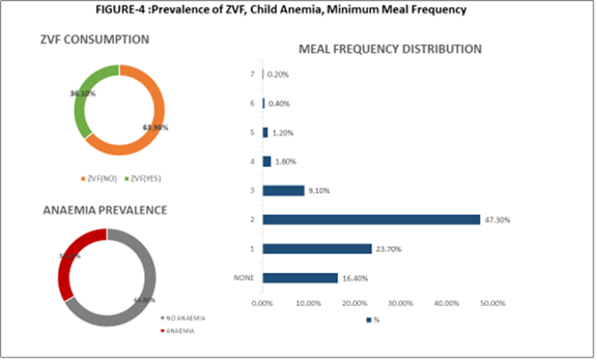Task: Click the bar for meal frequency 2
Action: coord(371,220)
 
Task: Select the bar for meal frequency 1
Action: coord(317,249)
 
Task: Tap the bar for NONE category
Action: coord(300,277)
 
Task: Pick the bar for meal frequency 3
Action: coord(283,191)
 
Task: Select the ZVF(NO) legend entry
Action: coord(100,178)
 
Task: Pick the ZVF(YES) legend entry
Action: coord(143,178)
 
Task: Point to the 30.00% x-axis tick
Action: coord(401,302)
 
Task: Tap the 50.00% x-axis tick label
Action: coord(493,302)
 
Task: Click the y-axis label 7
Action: coord(251,74)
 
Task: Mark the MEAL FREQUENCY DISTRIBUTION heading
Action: coord(390,49)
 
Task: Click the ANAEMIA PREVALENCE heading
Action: coord(104,210)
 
